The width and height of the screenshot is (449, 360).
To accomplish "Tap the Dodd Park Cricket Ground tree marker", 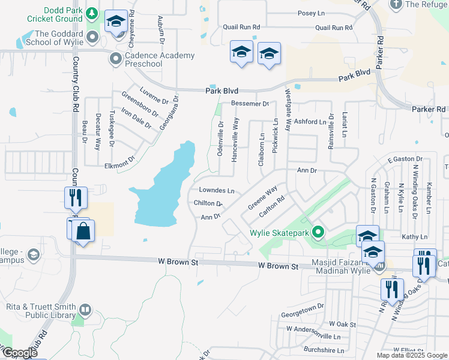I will [x=91, y=13].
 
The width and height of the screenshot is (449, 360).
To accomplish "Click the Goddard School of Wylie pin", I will [x=92, y=38].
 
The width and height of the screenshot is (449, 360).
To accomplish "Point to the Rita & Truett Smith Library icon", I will [x=85, y=310].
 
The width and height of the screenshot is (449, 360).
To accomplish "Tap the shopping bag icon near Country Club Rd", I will [x=83, y=232].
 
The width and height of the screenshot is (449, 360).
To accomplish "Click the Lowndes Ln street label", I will [x=216, y=190].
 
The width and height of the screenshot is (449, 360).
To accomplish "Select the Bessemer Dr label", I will [x=250, y=104].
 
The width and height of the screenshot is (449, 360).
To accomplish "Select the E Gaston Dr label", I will [x=405, y=159].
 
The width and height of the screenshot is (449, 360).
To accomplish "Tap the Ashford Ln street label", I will [x=310, y=122].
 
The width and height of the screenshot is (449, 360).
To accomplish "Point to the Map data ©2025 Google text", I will [x=412, y=355].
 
